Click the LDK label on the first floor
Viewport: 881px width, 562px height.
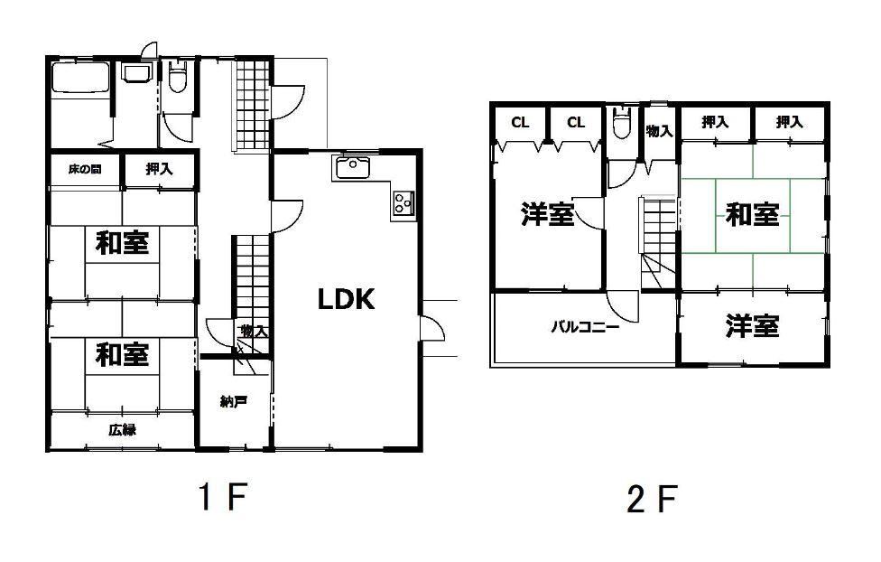click(x=346, y=299)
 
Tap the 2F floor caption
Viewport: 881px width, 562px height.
click(x=651, y=499)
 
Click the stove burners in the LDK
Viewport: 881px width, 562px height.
click(x=403, y=202)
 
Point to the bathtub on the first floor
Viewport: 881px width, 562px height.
click(x=79, y=77)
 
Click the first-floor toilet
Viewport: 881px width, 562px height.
click(x=178, y=78)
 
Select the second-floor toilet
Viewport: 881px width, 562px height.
click(x=621, y=123)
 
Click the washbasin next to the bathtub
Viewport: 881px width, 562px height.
click(x=136, y=74)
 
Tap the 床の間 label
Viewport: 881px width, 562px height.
click(x=85, y=169)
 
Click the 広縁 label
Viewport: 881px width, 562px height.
click(x=122, y=430)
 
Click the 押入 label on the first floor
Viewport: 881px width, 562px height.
click(x=160, y=168)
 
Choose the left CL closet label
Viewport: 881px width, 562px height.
click(x=520, y=123)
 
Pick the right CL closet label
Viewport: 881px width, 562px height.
click(x=575, y=123)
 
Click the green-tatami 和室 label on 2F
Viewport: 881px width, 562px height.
click(x=752, y=214)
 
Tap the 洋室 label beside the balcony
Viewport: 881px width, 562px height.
click(x=752, y=326)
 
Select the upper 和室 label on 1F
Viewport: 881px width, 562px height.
click(x=123, y=243)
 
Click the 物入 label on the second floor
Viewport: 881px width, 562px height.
click(x=660, y=131)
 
